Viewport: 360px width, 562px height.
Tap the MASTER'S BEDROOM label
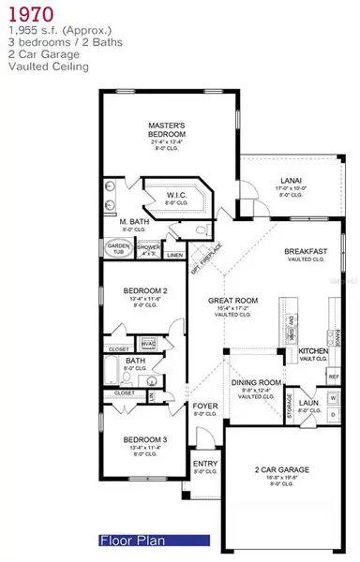pyautogui.click(x=170, y=128)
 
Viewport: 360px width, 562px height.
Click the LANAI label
pyautogui.click(x=290, y=181)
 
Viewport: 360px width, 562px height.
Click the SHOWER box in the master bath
pyautogui.click(x=147, y=250)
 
